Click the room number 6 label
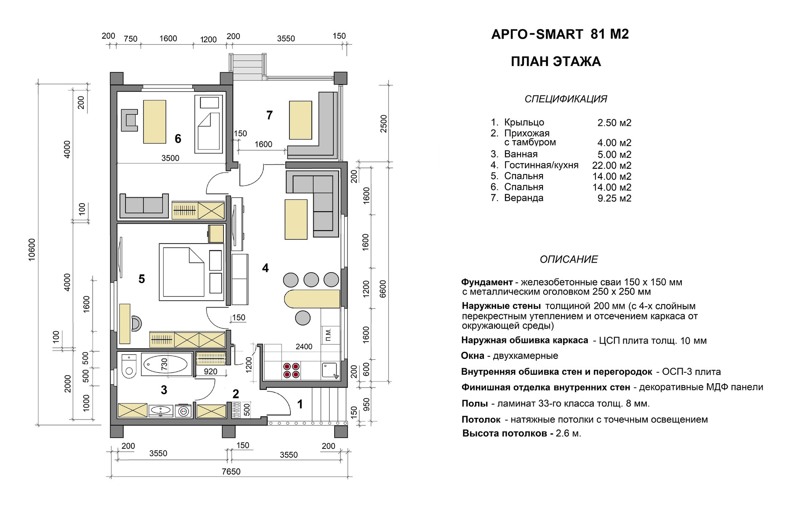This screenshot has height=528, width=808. (178, 139)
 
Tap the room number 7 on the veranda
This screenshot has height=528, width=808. (269, 115)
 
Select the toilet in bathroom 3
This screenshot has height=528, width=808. (129, 366)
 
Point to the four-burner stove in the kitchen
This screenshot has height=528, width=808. (292, 370)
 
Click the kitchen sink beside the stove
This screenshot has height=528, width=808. (330, 370)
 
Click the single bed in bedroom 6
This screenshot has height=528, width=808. (209, 124)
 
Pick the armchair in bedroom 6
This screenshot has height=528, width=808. (130, 120)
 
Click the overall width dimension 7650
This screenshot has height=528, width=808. (231, 472)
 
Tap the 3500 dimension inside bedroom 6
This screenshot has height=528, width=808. (170, 158)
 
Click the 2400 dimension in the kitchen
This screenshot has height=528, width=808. (304, 347)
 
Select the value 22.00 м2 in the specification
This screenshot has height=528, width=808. (611, 165)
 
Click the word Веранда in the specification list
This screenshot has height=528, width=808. (524, 198)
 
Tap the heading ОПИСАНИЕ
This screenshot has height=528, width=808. (569, 260)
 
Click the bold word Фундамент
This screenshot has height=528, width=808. (487, 282)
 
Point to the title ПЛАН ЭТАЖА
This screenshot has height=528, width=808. (555, 62)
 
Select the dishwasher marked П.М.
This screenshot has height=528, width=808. (329, 335)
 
